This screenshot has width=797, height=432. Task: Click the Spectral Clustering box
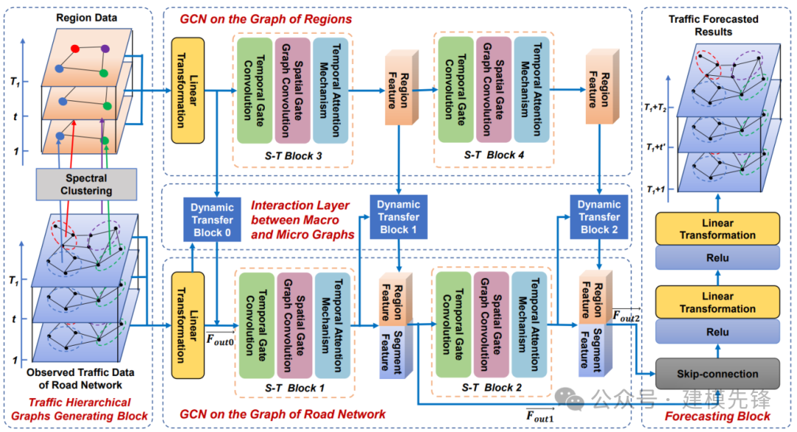86,184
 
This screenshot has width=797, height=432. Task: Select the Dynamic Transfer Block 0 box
212,220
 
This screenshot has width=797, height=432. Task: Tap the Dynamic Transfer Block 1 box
398,217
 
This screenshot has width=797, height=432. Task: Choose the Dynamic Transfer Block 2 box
598,217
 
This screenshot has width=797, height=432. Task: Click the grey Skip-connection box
717,374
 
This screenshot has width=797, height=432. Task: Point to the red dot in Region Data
75,49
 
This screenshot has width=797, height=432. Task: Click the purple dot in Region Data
105,49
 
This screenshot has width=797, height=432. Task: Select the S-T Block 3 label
293,156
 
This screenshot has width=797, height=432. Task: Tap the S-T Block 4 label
494,155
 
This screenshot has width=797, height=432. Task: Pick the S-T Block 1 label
294,388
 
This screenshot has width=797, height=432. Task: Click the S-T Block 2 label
491,387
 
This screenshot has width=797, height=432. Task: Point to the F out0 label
220,339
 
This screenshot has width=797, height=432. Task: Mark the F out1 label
539,417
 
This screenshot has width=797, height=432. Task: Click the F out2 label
627,316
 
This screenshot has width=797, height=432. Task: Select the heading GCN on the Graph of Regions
266,19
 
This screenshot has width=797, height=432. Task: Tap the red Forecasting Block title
717,417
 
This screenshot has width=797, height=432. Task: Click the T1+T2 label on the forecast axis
655,108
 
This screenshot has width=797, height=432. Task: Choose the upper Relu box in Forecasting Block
717,258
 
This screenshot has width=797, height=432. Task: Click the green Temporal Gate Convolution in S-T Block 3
255,91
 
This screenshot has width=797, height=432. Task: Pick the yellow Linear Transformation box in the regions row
187,91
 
